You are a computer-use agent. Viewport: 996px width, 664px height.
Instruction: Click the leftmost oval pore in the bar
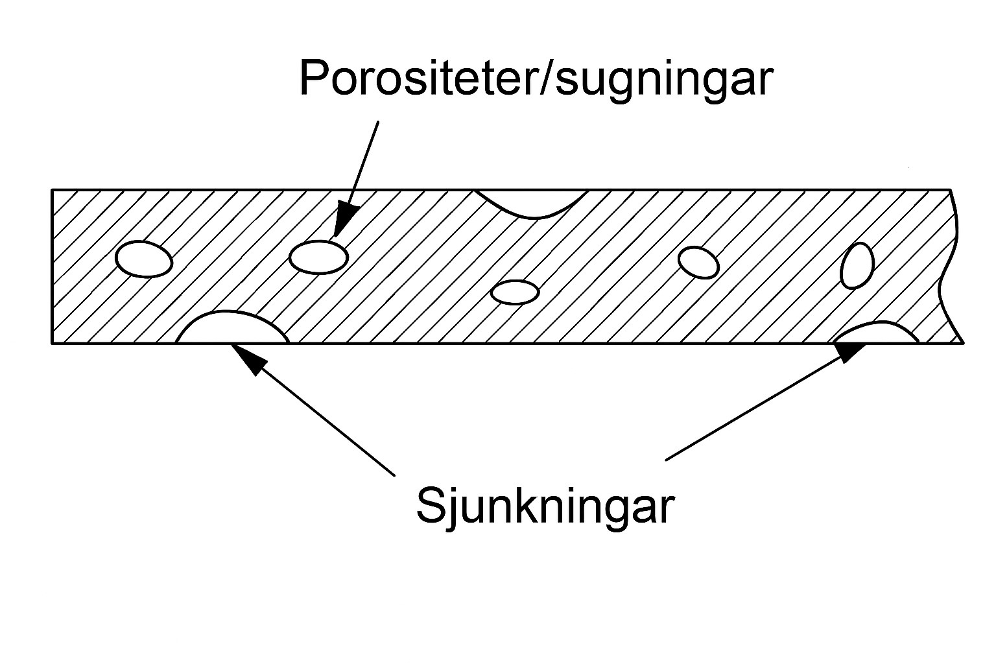click(x=143, y=259)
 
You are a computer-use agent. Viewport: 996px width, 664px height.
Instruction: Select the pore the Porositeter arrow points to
click(x=318, y=256)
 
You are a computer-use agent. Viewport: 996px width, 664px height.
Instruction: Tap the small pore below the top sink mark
click(x=515, y=292)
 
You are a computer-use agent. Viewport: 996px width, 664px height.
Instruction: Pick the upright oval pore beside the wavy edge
click(x=857, y=265)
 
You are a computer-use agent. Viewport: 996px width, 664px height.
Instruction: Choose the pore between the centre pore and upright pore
click(x=698, y=262)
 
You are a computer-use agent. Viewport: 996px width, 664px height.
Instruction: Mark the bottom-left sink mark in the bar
click(x=232, y=329)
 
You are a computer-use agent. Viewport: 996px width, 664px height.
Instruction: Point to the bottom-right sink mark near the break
click(x=876, y=333)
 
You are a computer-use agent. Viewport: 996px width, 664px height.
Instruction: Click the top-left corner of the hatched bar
click(x=53, y=191)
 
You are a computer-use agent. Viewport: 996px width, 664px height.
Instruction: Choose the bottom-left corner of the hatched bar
click(x=53, y=342)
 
